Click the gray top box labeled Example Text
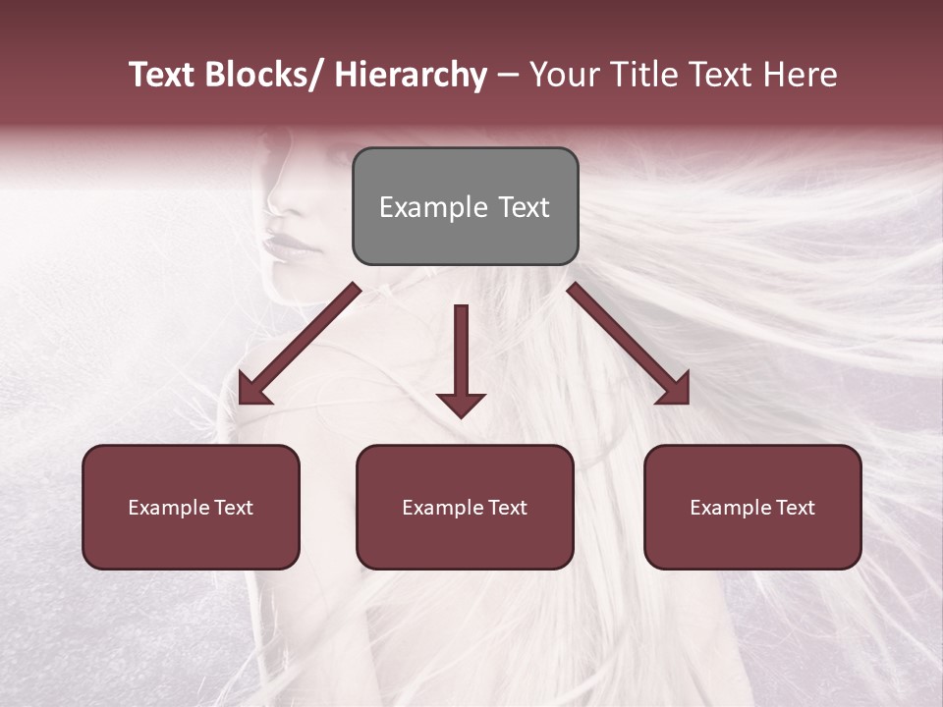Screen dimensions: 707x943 pos(465,206)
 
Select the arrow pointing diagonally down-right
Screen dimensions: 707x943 pos(629,344)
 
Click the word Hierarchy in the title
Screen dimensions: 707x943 pos(411,75)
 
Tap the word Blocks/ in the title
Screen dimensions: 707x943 pos(264,75)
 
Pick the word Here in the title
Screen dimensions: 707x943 pos(801,75)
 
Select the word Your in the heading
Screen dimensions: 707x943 pos(561,75)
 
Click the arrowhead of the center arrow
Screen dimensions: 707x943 pos(461,405)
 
